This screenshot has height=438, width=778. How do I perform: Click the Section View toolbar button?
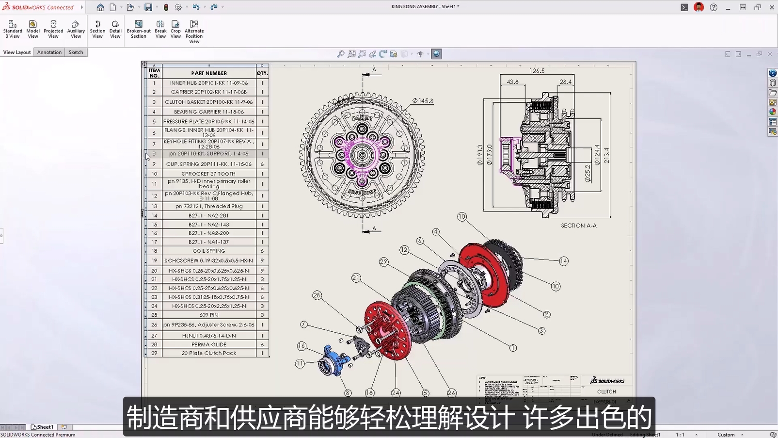(97, 29)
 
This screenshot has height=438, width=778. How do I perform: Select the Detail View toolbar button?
(115, 29)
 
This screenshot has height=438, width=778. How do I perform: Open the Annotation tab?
(49, 52)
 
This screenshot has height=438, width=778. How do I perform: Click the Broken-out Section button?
(139, 29)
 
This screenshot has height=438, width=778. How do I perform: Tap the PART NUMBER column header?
(209, 73)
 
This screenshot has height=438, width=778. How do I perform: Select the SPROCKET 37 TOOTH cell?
(209, 174)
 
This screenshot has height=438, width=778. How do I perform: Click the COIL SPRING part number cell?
(209, 251)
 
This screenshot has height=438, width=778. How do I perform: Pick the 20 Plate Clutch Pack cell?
(209, 353)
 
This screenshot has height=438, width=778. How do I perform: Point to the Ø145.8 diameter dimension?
(423, 101)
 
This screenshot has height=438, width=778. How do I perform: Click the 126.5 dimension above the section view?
(537, 71)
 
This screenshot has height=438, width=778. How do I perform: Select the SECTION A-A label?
(578, 226)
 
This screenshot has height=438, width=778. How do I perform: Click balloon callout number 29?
(384, 261)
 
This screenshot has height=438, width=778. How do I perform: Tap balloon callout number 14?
(563, 261)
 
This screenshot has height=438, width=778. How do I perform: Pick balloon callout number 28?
(317, 295)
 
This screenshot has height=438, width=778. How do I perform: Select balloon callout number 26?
(452, 393)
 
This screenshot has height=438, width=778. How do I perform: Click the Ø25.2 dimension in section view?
(587, 173)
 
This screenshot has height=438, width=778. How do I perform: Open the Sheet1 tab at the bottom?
(43, 427)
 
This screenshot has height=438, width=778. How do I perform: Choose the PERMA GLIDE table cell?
(209, 344)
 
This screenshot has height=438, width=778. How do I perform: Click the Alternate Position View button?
(194, 32)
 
